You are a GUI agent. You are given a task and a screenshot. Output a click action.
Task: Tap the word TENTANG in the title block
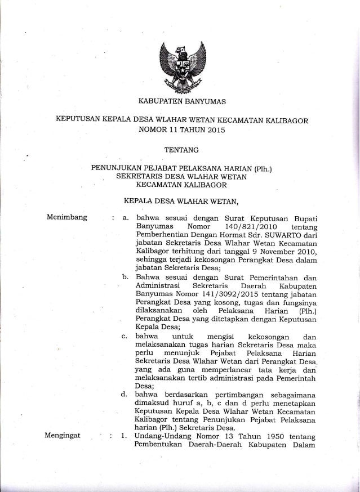[179, 150]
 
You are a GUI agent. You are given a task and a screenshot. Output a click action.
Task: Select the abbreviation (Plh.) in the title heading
[270, 167]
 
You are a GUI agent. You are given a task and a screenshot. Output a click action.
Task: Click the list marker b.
[124, 276]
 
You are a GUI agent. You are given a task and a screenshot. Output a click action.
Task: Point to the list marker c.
[124, 336]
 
